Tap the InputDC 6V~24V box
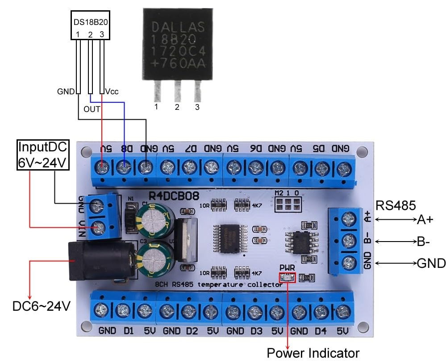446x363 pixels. click(x=43, y=155)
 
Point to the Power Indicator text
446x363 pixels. click(x=313, y=353)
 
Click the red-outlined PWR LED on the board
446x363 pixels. click(x=287, y=277)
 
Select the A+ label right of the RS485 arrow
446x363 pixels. click(x=425, y=219)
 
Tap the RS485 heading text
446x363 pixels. click(x=396, y=206)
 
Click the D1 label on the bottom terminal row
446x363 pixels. click(x=129, y=331)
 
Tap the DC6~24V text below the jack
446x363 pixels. click(x=41, y=306)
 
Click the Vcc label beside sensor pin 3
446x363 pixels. click(x=112, y=92)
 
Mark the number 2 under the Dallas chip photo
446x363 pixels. click(x=177, y=107)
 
